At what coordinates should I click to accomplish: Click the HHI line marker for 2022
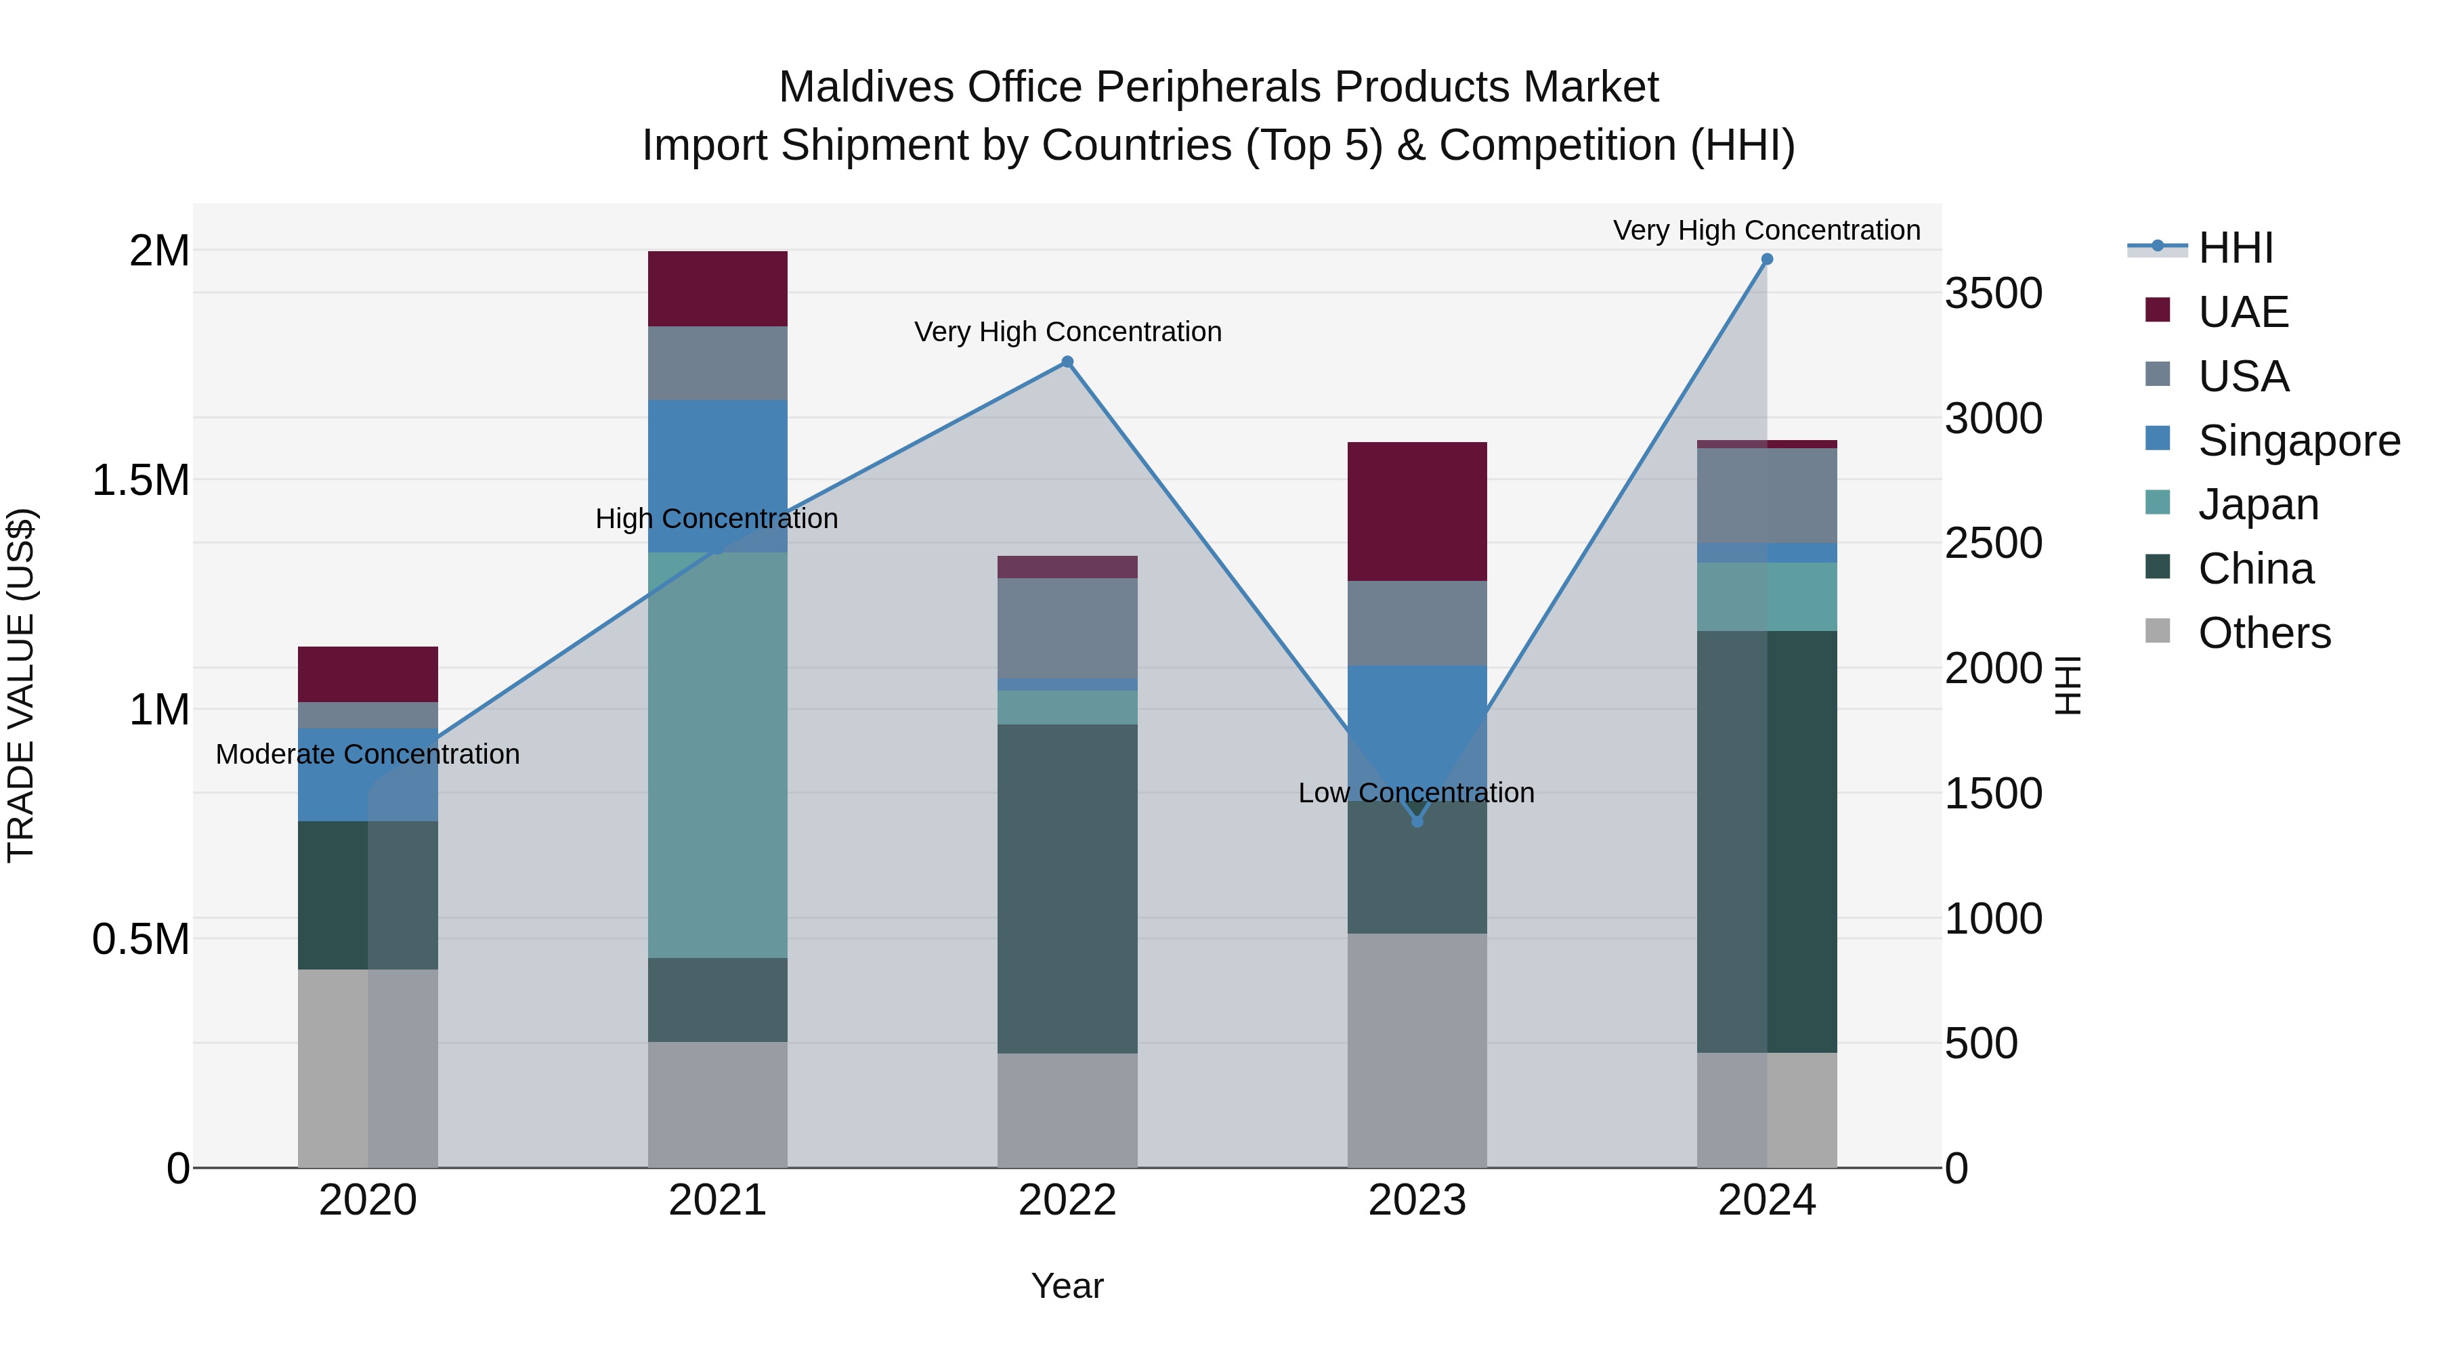coord(1067,362)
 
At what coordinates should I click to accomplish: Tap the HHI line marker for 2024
coord(1766,259)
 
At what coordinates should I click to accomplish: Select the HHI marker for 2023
coord(1417,821)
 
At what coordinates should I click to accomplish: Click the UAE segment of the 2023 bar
coord(1417,511)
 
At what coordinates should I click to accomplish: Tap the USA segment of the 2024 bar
coord(1766,495)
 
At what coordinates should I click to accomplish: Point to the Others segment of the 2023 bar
coord(1417,1050)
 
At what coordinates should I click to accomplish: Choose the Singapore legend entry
coord(2298,441)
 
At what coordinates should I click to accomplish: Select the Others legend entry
coord(2263,633)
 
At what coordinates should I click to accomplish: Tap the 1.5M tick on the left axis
coord(140,481)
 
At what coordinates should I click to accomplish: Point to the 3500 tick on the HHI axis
coord(1993,293)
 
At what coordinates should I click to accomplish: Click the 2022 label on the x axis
coord(1067,1200)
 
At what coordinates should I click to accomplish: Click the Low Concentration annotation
coord(1416,793)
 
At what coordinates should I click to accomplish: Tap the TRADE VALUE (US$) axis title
coord(21,685)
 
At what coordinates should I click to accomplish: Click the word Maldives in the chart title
coord(865,87)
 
